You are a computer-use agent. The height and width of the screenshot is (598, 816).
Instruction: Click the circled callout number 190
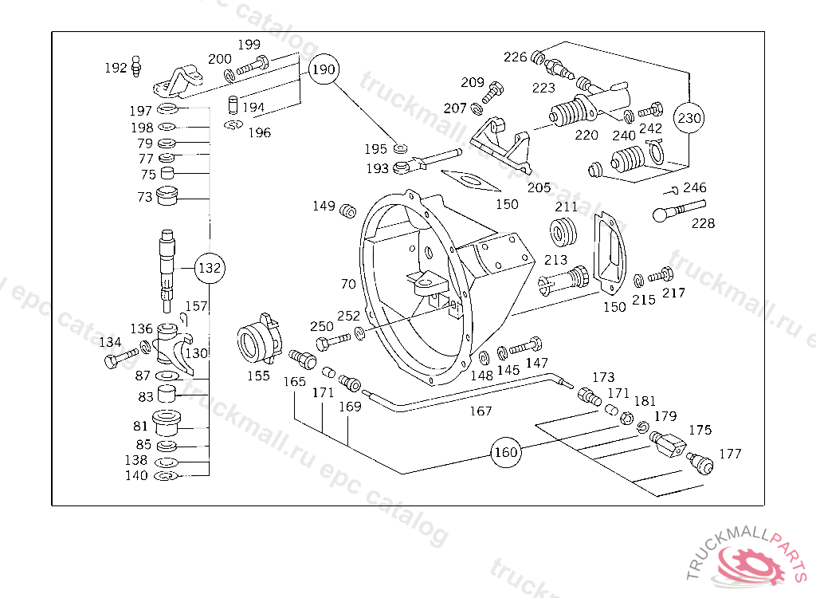pos(324,69)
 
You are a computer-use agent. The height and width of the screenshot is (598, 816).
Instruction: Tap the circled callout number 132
pos(209,269)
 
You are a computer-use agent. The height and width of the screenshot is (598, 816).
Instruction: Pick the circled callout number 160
pos(506,452)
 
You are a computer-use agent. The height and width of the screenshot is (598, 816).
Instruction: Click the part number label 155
pos(258,376)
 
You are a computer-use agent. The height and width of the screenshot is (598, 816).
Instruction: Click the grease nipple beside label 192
pos(136,65)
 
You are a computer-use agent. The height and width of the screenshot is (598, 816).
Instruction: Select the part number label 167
pos(481,411)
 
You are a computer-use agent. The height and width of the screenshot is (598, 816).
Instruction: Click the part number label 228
pos(703,223)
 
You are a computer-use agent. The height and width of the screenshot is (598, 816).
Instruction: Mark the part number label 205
pos(539,187)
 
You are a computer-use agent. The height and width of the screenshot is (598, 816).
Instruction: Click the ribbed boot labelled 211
pos(566,232)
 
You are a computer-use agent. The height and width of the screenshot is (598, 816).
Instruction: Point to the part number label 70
pos(347,283)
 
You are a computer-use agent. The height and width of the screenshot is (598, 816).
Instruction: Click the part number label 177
pos(730,454)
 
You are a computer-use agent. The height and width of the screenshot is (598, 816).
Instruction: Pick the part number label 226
pos(515,57)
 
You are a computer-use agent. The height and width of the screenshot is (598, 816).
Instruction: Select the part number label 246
pos(695,188)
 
